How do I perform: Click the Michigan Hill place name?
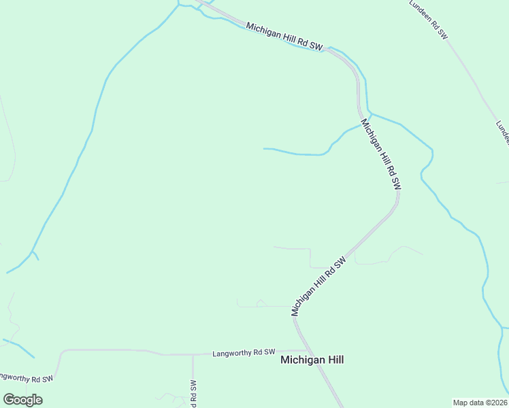[x=312, y=360]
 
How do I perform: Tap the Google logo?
[x=23, y=400]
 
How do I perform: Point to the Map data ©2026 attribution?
[x=480, y=403]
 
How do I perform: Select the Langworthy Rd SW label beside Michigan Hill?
[x=244, y=353]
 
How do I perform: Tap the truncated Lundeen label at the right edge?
[x=502, y=133]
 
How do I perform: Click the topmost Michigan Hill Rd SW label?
[x=284, y=36]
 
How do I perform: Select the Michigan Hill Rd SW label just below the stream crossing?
[x=381, y=154]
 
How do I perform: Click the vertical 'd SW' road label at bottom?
[x=193, y=393]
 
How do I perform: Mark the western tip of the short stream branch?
[x=264, y=148]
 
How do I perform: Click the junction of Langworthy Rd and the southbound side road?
[x=193, y=354]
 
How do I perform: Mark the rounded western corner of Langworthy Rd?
[x=63, y=353]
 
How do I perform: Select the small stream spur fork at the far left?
[x=31, y=253]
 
